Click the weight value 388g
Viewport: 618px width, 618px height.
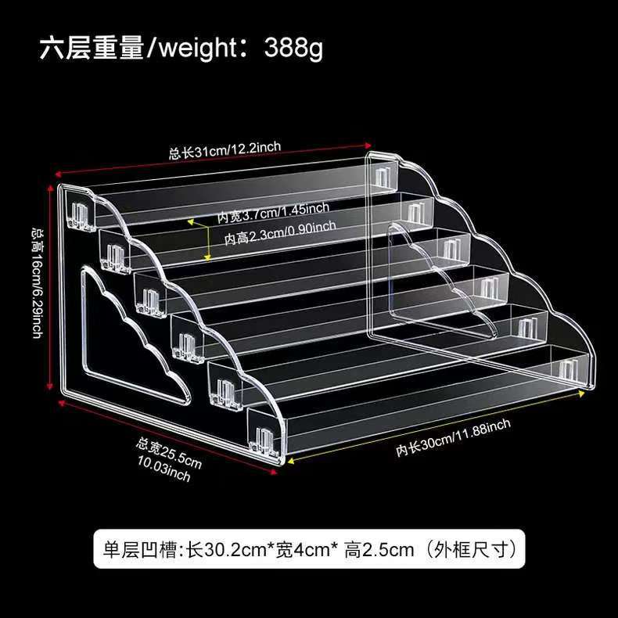coord(293,48)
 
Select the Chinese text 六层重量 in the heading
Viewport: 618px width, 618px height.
coord(93,48)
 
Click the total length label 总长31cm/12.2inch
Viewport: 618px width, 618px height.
coord(225,149)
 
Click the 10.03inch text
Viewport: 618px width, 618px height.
coord(163,472)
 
